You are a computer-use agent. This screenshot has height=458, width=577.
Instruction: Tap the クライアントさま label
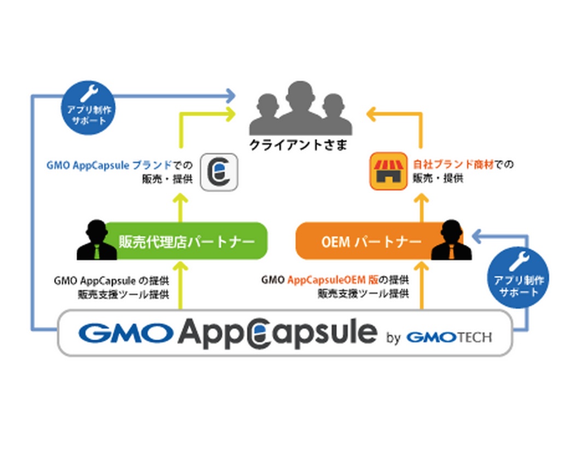298,145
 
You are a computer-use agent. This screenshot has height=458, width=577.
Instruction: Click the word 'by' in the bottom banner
394,337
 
